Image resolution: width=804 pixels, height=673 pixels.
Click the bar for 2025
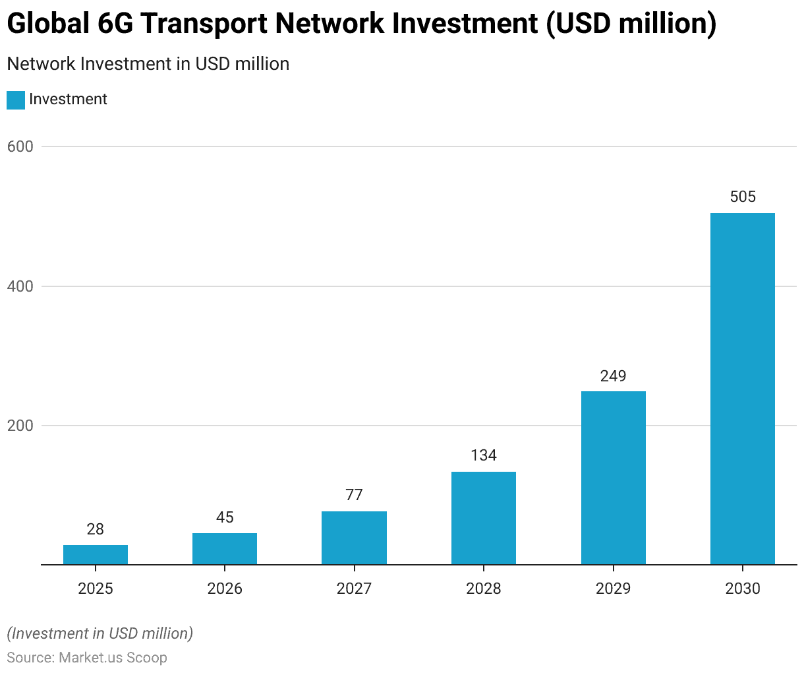(96, 555)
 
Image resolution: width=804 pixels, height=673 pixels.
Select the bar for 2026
(225, 549)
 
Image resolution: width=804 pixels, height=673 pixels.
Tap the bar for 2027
(354, 538)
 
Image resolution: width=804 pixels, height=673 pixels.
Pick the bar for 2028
(484, 518)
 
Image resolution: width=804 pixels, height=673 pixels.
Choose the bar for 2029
(613, 478)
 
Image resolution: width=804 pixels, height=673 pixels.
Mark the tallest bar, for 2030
(743, 389)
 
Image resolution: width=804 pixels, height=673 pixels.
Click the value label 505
(743, 197)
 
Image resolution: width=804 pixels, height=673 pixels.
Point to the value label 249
(613, 376)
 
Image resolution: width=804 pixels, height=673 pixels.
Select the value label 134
(484, 455)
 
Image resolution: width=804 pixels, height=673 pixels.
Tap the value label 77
(354, 495)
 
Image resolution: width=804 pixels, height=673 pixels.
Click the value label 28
(96, 529)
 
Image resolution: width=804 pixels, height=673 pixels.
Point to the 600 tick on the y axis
(20, 146)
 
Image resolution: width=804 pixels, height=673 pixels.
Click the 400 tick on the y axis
(20, 286)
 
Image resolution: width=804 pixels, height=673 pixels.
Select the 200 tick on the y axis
(20, 426)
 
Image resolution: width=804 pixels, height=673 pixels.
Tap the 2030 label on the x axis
(743, 589)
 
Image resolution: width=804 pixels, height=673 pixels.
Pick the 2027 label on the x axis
(354, 589)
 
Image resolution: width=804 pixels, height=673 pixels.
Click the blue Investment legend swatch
(16, 100)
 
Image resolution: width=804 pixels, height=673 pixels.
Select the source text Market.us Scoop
(113, 658)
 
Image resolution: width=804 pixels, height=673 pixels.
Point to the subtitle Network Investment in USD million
(148, 64)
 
